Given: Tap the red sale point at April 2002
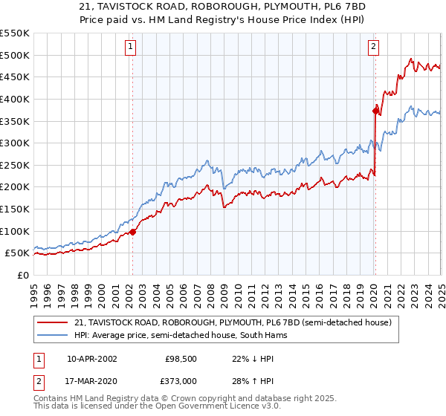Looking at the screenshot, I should click(133, 232).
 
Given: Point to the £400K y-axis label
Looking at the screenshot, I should click(15, 99).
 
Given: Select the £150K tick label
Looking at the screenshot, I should click(15, 209).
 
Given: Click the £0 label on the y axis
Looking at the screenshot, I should click(24, 275).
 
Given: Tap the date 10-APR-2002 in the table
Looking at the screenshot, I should click(91, 359).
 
